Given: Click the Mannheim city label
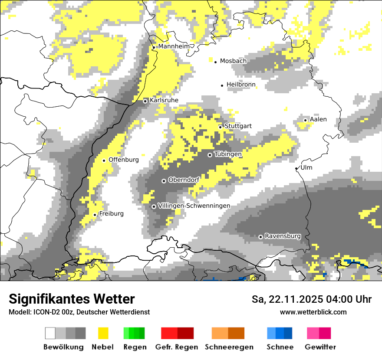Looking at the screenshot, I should tap(175, 46).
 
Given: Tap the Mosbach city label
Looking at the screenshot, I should tap(233, 61).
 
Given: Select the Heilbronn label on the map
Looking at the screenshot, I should tap(241, 85).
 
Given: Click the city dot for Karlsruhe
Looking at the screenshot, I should tap(145, 101).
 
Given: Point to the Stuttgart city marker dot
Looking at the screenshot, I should tap(221, 127).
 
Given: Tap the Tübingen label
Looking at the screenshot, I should tap(228, 154).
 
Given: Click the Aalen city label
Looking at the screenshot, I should tap(318, 120).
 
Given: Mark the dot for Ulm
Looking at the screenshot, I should tap(296, 168).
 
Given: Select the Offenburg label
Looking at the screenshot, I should tap(124, 160).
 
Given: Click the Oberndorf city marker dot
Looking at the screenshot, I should tap(164, 181).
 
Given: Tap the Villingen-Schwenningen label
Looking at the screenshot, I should tap(194, 206).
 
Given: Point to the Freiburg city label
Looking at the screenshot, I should tap(111, 214).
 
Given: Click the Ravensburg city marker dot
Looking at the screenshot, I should tap(260, 237).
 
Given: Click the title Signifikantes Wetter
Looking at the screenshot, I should tap(72, 299).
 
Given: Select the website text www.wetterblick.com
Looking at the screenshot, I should tap(313, 312).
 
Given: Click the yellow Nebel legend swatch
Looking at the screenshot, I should tap(103, 333).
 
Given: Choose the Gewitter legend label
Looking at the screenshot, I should tap(320, 347).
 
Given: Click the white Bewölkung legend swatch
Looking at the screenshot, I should tap(50, 333).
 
